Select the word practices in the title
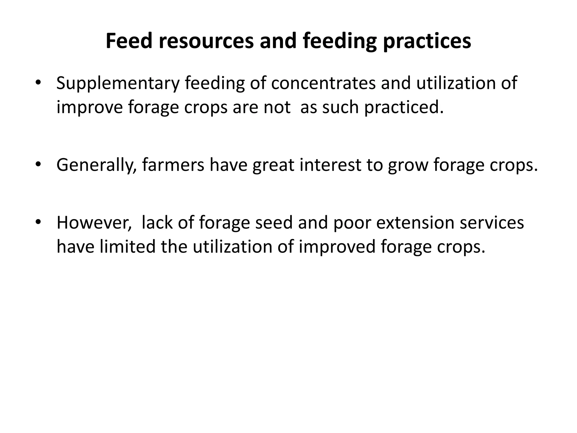click(x=427, y=41)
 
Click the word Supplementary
click(x=118, y=84)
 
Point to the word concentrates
click(x=323, y=83)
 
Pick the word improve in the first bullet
click(x=90, y=108)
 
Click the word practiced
click(x=404, y=108)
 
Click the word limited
click(x=127, y=246)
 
